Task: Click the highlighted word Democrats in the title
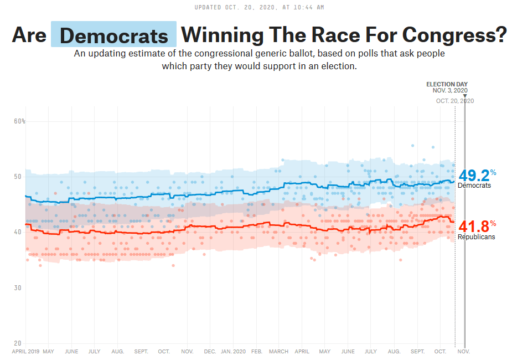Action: point(113,35)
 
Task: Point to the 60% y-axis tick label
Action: point(19,121)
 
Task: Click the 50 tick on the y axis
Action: point(18,177)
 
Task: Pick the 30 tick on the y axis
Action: point(18,287)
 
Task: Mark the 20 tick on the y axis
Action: point(18,343)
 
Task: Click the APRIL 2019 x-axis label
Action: point(25,352)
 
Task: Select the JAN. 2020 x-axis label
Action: point(233,352)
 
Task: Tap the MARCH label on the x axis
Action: point(278,352)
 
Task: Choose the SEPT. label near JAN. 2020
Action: point(141,352)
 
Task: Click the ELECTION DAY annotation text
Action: point(447,84)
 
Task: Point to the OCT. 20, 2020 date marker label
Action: point(454,101)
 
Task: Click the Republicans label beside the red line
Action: point(476,237)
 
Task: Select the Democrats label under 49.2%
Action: point(474,186)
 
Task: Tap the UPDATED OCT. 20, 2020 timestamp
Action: point(260,7)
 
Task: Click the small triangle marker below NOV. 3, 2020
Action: point(464,96)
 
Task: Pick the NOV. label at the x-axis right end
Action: point(464,352)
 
